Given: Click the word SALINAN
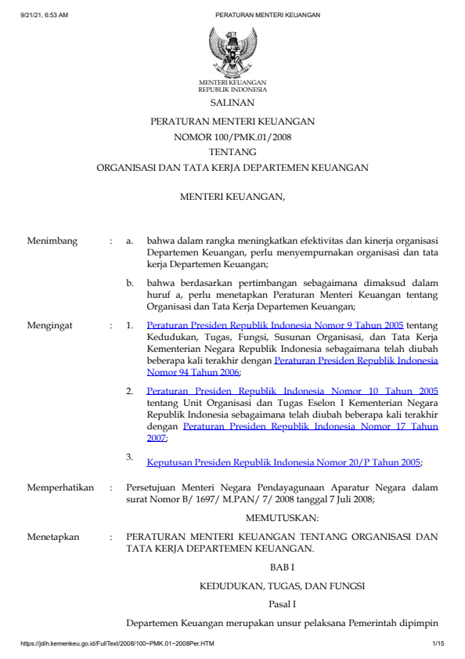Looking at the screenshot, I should coord(232,103).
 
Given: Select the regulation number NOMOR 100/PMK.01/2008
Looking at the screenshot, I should coord(232,137).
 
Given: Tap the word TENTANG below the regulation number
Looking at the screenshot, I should coord(232,152).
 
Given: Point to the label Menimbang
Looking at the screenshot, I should coord(52,241).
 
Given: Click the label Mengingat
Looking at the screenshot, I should coord(51,324).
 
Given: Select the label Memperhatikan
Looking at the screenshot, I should coord(61,487).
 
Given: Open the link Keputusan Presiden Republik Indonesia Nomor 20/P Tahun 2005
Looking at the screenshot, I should coord(284,462).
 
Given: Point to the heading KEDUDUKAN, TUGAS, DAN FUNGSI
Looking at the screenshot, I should coord(282,585).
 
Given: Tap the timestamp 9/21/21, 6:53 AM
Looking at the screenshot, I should coord(45,15).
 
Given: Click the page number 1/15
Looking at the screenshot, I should coord(438,644).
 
